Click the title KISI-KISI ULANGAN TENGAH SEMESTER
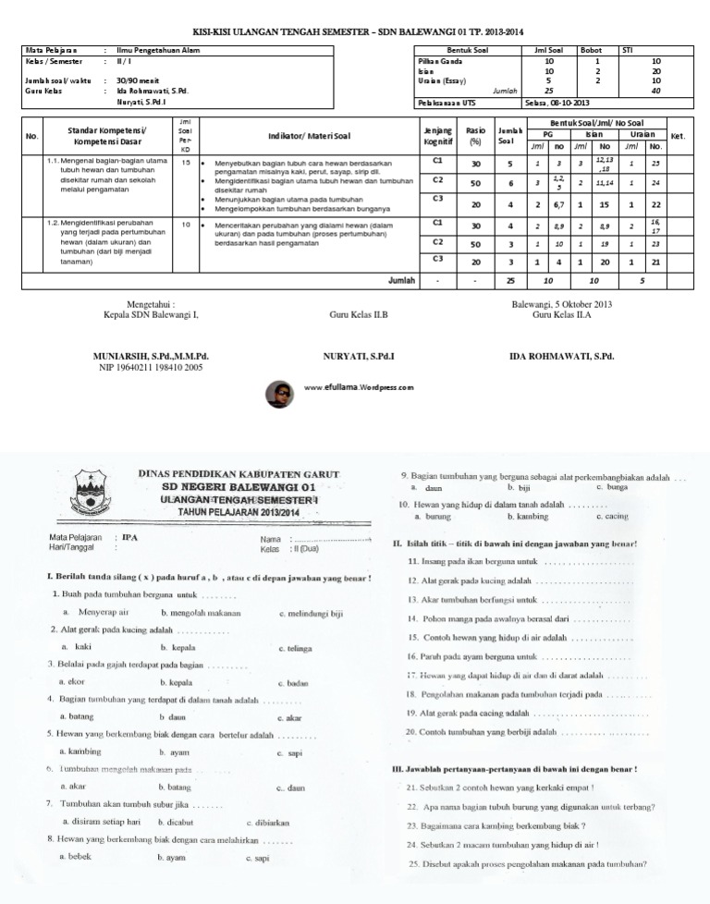356,31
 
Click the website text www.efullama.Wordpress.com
358,388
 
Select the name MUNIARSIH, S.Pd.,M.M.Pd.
151,356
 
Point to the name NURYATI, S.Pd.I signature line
359,356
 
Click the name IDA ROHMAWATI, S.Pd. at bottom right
561,356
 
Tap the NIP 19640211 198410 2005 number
151,367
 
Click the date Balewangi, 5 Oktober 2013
561,304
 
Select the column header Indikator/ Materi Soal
309,136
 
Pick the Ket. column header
676,136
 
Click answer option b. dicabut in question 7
179,821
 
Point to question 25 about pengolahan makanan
527,864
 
